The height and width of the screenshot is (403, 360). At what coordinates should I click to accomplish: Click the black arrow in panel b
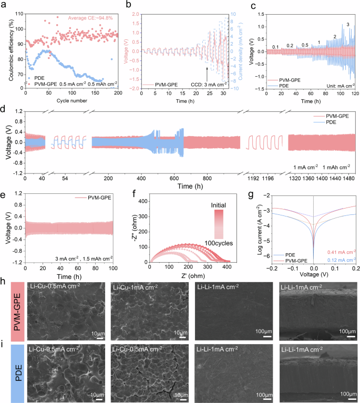(x=207, y=71)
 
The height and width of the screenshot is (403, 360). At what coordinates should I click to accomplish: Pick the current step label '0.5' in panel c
(x=305, y=45)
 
